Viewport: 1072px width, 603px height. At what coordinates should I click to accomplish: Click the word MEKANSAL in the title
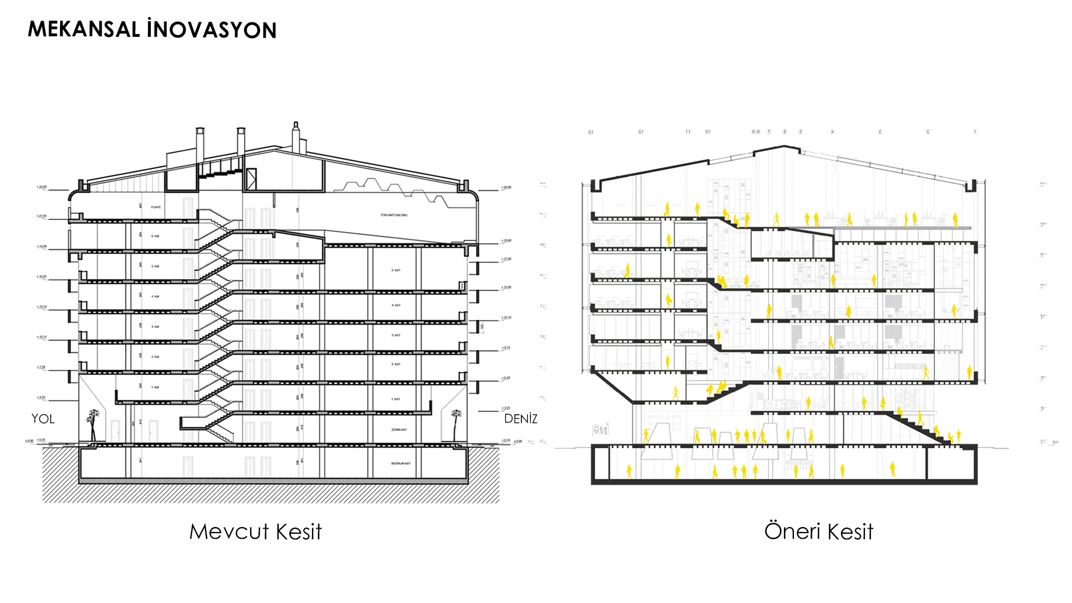pos(84,30)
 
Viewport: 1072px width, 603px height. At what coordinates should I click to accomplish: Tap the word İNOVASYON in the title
pos(212,30)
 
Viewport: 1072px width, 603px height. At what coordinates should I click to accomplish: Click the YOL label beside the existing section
pos(43,419)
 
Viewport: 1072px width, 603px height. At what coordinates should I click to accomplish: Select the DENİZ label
pos(520,419)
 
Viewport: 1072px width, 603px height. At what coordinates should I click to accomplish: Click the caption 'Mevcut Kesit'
pos(255,532)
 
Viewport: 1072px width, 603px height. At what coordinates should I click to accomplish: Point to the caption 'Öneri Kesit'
pos(819,532)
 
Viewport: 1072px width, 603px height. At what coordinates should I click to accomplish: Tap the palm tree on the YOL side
pos(93,424)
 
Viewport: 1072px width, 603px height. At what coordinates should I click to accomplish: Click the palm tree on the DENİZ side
pos(456,424)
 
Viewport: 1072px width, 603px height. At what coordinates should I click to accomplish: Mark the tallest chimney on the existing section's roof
pos(296,137)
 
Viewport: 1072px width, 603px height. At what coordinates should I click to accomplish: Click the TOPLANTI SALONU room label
pos(394,215)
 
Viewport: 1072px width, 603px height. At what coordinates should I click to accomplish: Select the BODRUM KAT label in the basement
pos(400,463)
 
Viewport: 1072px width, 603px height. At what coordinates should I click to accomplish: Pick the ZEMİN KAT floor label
pos(399,429)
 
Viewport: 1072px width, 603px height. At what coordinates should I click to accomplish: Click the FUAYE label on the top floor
pos(156,207)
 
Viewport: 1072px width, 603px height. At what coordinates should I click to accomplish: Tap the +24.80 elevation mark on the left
pos(42,187)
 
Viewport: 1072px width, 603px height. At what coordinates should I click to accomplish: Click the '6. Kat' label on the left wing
pos(155,236)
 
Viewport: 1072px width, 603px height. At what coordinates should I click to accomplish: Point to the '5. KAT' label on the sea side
pos(396,270)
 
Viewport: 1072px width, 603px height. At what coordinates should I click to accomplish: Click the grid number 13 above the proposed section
pos(591,132)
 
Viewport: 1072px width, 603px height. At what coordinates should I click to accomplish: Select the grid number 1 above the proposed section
pos(975,132)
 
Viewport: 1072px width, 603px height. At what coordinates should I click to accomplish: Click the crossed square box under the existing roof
pos(251,178)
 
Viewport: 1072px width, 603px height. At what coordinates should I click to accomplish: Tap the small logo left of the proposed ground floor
pos(600,429)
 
